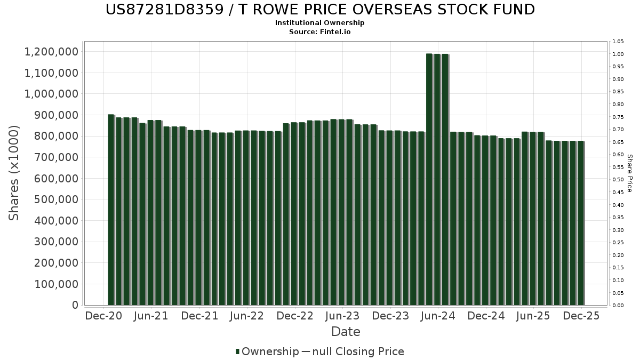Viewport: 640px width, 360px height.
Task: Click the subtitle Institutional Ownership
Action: click(x=320, y=23)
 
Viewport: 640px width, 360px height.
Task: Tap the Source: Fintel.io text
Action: click(x=320, y=31)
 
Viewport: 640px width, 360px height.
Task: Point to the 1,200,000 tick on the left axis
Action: click(x=51, y=52)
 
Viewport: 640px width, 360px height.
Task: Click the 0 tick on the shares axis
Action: click(x=74, y=305)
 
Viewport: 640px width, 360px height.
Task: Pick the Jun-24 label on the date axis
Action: click(x=438, y=316)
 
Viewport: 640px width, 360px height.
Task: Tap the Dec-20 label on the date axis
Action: click(x=103, y=316)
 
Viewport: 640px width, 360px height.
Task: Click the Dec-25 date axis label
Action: click(x=581, y=316)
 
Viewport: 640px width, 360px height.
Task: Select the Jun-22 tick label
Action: click(x=246, y=316)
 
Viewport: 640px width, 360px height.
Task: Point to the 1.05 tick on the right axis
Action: click(x=618, y=42)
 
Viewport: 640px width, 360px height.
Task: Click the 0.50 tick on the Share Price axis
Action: click(x=618, y=180)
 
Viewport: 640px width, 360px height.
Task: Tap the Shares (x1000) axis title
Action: click(x=14, y=173)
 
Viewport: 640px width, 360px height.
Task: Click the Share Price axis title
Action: click(x=629, y=173)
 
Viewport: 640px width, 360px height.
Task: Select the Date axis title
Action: click(x=346, y=332)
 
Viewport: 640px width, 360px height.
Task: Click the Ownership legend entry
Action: click(x=270, y=351)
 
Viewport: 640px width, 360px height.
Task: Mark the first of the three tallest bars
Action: click(x=429, y=179)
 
